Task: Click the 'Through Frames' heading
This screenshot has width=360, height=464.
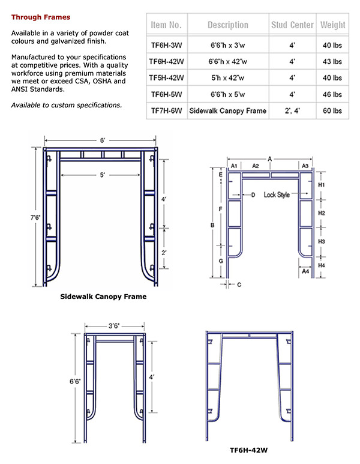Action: coord(40,17)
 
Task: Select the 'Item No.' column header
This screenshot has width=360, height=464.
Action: coord(166,25)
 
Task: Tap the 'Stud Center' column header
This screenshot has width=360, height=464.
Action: coord(293,25)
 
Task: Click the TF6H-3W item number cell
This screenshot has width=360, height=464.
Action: coord(167,44)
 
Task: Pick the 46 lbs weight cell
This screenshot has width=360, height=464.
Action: coord(332,94)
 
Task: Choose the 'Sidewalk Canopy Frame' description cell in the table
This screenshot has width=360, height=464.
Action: coord(227,111)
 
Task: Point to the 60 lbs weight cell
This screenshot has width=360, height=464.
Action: coord(332,111)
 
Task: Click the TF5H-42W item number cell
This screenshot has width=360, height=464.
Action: coord(167,78)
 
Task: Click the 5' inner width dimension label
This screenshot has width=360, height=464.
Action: coord(103,175)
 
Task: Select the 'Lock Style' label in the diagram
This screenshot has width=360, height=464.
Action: coord(276,195)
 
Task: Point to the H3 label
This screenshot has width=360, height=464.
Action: coord(321,241)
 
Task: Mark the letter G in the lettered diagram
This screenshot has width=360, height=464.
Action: coord(221,262)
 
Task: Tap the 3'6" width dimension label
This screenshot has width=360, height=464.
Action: coord(113,326)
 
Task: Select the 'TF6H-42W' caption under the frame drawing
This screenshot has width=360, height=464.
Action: coord(248,448)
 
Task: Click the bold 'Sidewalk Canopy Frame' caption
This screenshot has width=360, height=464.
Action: coord(104,297)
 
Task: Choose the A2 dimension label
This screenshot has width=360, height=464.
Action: coord(256,165)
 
